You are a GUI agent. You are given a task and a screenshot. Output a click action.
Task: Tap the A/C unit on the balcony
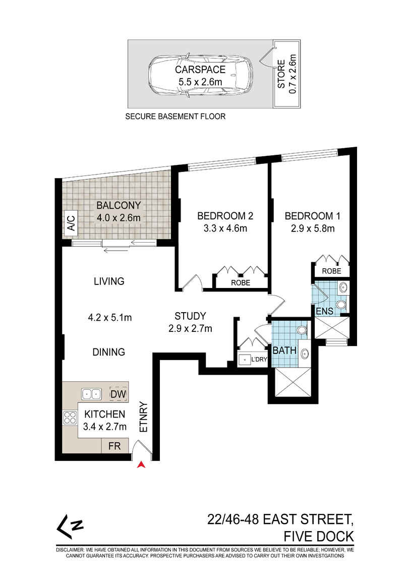point(70,223)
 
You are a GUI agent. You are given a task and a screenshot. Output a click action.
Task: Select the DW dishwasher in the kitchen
point(119,394)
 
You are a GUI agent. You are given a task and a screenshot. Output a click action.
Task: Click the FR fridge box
point(115,446)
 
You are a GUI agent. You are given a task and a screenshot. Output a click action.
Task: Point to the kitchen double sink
point(91,394)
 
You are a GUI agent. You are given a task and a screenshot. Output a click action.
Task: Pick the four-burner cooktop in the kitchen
point(70,418)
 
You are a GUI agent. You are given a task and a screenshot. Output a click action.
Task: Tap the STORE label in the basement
point(281,74)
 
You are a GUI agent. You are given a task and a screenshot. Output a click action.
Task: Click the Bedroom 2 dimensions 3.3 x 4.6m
point(225,228)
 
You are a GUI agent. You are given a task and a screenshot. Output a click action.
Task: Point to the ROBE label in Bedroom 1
point(332,271)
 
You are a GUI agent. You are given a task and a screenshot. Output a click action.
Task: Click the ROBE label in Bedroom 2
point(241,282)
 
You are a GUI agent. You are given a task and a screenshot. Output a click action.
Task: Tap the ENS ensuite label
point(325,311)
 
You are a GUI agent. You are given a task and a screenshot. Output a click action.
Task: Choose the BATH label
point(284,351)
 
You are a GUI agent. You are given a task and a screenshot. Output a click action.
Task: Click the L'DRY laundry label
point(259,359)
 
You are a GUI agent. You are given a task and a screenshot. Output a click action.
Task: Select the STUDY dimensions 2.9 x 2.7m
point(191,328)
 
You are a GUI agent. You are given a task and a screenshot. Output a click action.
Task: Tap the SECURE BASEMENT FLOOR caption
point(175,117)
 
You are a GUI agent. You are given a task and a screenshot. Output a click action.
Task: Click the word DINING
point(109,352)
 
